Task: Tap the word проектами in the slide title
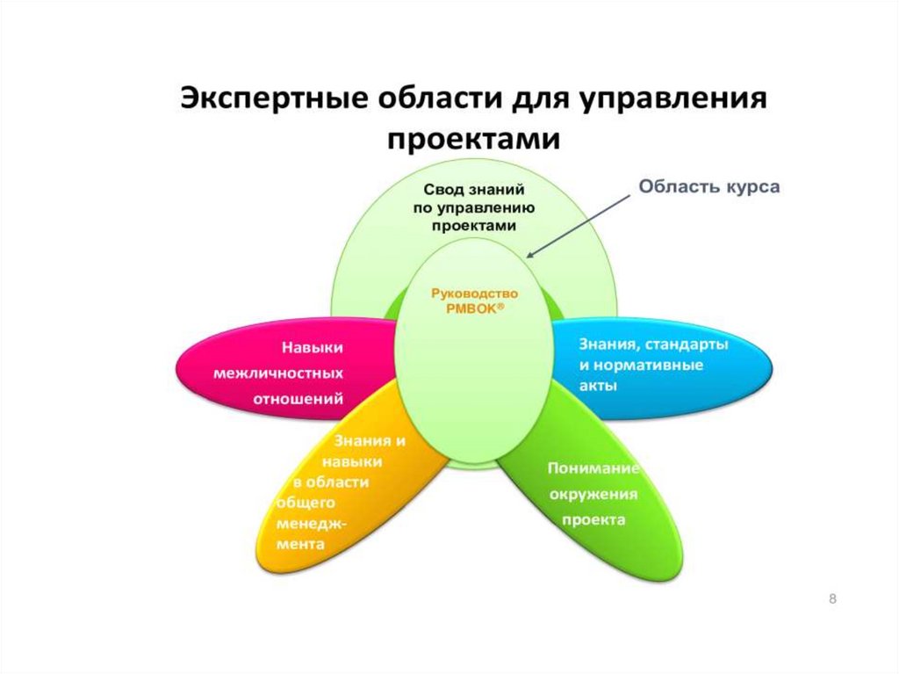pos(474,138)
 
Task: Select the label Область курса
pos(708,186)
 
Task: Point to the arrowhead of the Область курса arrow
pos(530,255)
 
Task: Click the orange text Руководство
pos(476,294)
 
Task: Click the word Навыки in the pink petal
pos(312,347)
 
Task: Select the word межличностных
pos(278,373)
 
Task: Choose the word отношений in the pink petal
pos(298,399)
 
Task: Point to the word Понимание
pos(593,467)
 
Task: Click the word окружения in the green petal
pos(593,493)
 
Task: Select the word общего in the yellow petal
pos(307,502)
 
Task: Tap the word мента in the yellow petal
pos(301,544)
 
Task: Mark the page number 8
pos(832,598)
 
